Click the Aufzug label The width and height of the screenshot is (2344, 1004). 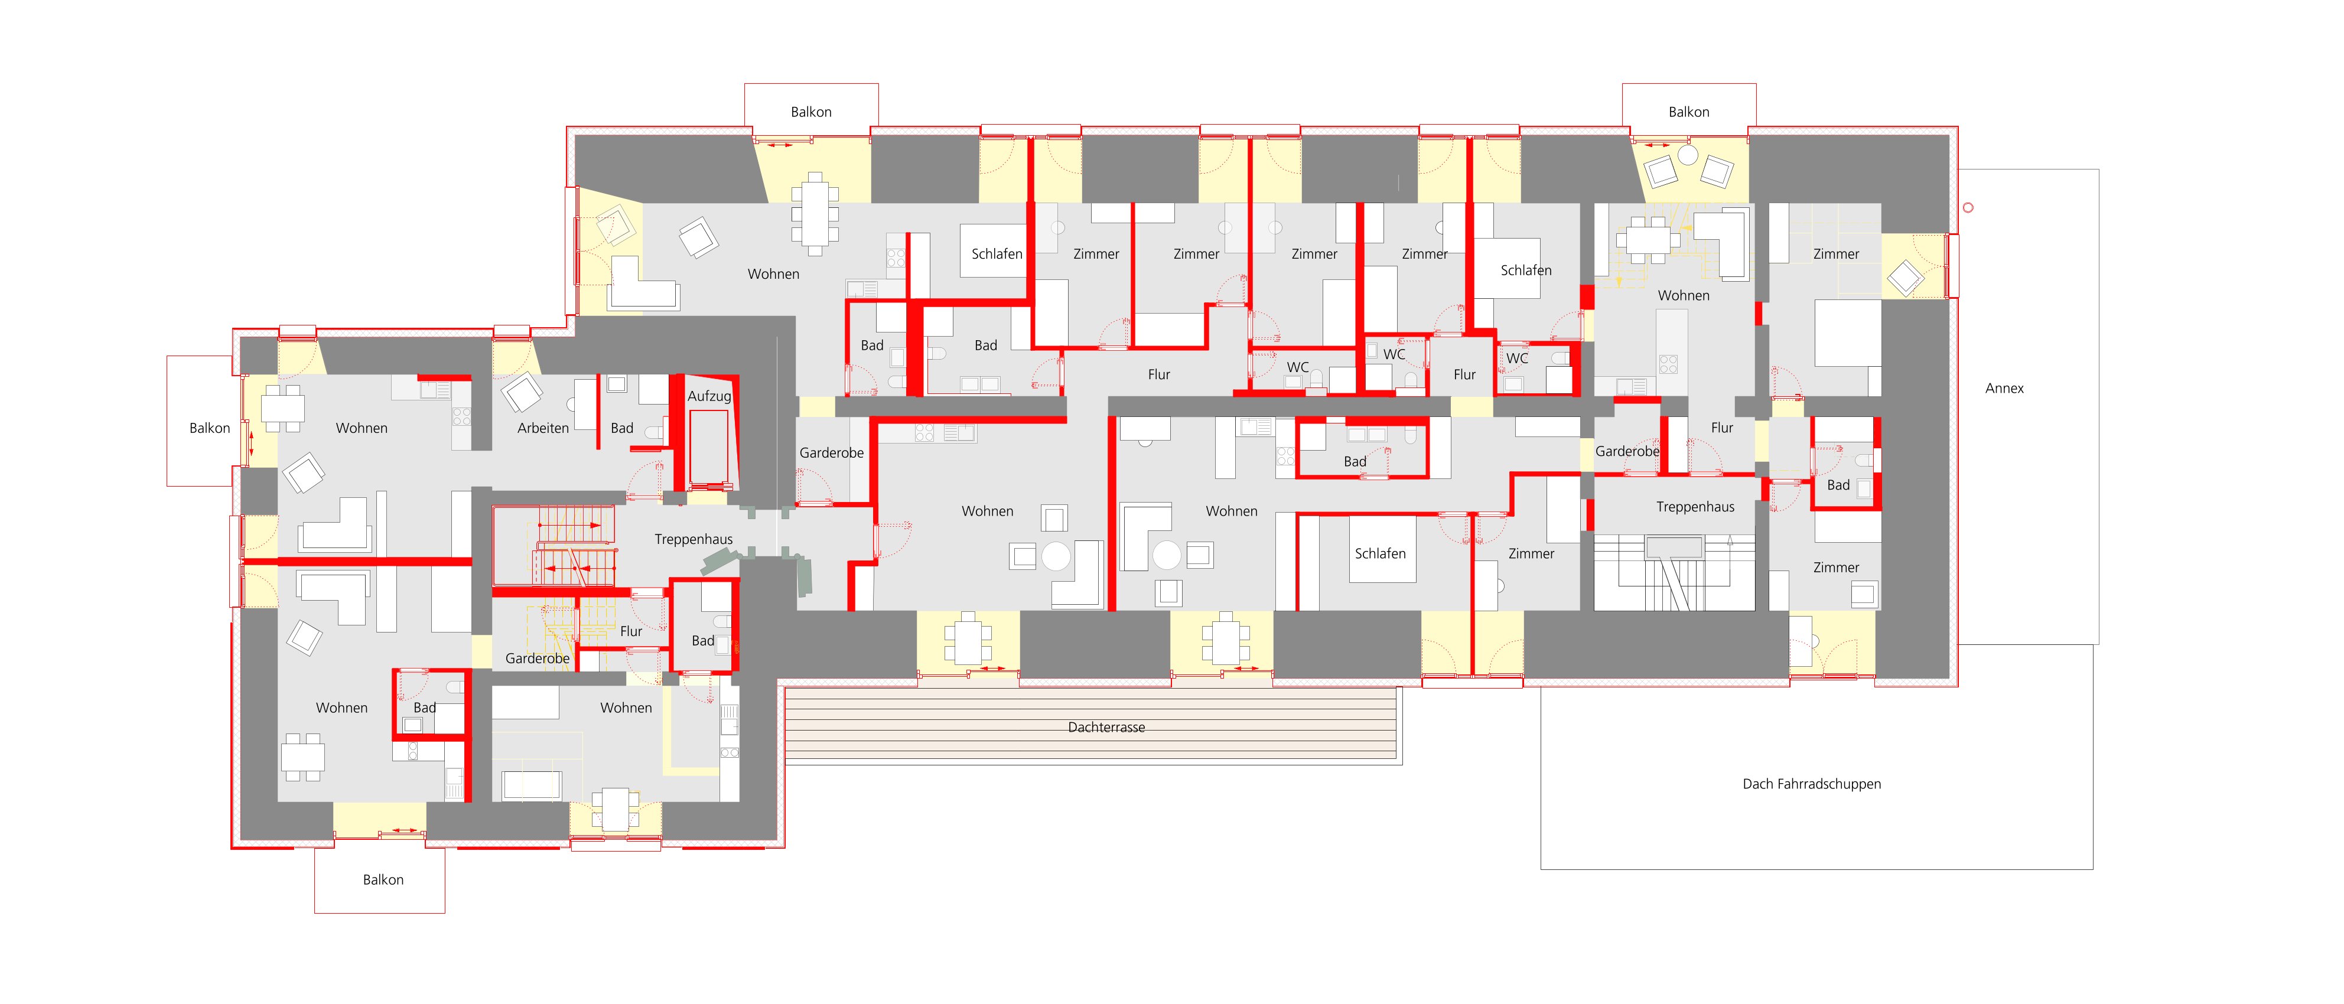[x=709, y=396]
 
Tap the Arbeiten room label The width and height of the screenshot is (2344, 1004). [x=543, y=428]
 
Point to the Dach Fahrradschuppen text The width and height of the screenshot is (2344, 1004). [x=1812, y=784]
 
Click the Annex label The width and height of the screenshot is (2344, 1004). [x=2004, y=389]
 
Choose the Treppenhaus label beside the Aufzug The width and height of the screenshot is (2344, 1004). [x=694, y=539]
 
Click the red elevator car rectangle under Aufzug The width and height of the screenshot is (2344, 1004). [x=709, y=448]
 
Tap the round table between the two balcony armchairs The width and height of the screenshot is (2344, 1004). [x=1688, y=155]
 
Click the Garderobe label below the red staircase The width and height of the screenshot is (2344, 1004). [x=538, y=659]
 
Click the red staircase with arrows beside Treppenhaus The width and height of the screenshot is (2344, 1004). [x=555, y=546]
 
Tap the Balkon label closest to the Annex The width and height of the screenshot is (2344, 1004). [x=1689, y=112]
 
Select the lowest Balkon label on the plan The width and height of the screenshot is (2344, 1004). [x=383, y=879]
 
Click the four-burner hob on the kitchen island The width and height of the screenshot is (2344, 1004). [x=1668, y=364]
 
